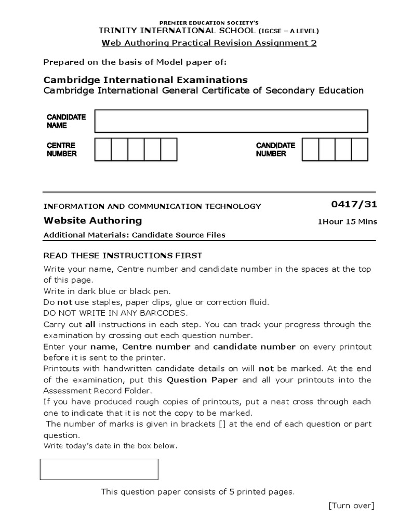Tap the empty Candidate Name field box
click(231, 121)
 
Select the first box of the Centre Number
click(103, 149)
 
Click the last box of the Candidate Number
click(359, 149)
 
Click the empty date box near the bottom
click(99, 469)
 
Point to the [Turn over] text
click(351, 506)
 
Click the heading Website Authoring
click(92, 220)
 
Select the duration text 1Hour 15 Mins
click(347, 222)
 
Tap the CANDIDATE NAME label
click(66, 121)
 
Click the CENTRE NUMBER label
click(62, 150)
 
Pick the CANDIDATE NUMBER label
click(275, 150)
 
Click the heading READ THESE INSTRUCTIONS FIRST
click(123, 256)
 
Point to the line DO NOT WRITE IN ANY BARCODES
click(115, 313)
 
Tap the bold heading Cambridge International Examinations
click(145, 79)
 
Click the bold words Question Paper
click(202, 380)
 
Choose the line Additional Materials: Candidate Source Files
click(135, 235)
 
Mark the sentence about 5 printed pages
click(197, 491)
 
